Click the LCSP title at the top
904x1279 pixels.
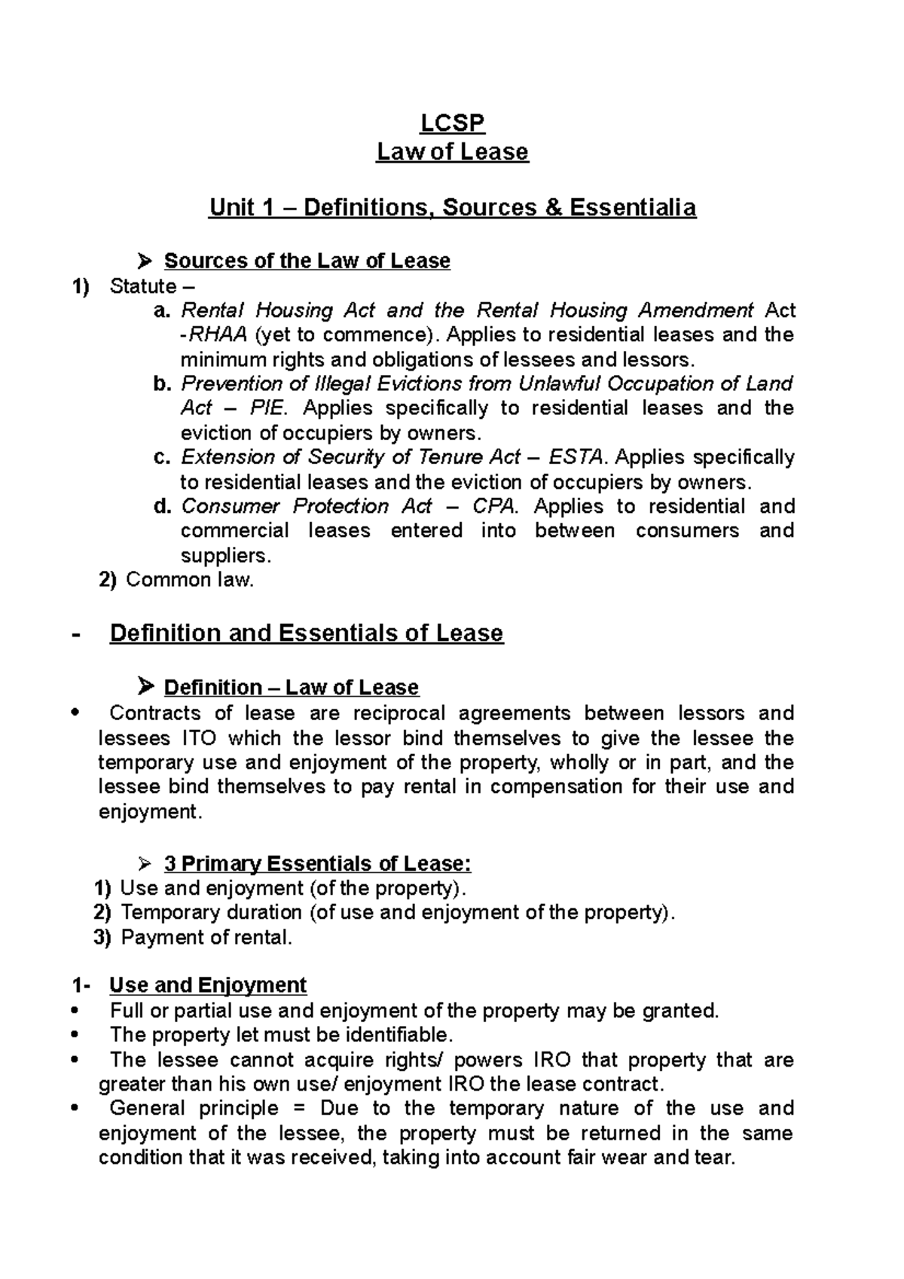point(452,123)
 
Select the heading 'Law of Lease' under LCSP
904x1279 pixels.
point(452,152)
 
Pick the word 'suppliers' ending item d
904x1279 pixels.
point(223,556)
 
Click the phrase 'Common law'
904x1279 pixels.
point(189,580)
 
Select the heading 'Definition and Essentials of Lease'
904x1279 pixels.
point(306,633)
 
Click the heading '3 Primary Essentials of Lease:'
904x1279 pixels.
point(317,863)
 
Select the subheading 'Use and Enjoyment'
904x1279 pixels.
point(208,985)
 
